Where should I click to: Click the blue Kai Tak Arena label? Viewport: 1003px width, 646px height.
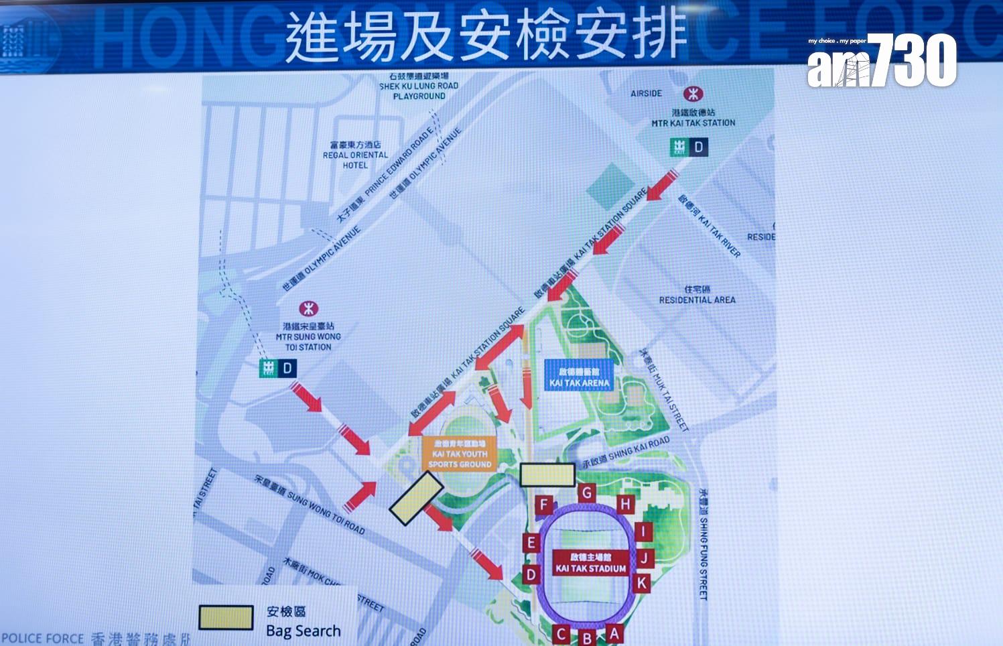(x=579, y=377)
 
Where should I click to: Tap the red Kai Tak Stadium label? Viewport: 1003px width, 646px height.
(x=590, y=563)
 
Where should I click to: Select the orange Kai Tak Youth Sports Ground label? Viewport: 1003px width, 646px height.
(x=460, y=454)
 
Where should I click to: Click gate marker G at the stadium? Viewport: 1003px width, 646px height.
(x=587, y=493)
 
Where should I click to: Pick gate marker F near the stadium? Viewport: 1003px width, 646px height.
(x=544, y=505)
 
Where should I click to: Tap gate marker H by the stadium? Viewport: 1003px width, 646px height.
(x=625, y=504)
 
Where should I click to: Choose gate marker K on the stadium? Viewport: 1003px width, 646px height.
(x=641, y=583)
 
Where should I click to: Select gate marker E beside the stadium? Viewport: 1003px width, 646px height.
(x=531, y=543)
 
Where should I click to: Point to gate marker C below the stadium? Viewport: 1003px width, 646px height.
(x=562, y=634)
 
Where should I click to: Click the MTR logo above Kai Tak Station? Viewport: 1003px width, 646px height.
(x=693, y=94)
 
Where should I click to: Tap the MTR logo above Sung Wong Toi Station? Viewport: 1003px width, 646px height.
(x=308, y=309)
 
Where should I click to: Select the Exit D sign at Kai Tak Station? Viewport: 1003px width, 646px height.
(x=689, y=147)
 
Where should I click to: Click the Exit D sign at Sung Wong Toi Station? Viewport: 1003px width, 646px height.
(x=278, y=368)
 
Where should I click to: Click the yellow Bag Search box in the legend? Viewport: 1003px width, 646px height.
(x=226, y=617)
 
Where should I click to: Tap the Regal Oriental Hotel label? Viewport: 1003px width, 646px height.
(x=355, y=155)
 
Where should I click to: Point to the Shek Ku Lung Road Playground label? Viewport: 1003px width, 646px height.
(x=419, y=86)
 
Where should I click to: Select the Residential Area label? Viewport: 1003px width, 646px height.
(x=697, y=295)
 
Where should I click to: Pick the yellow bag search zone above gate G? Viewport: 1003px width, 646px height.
(x=547, y=474)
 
